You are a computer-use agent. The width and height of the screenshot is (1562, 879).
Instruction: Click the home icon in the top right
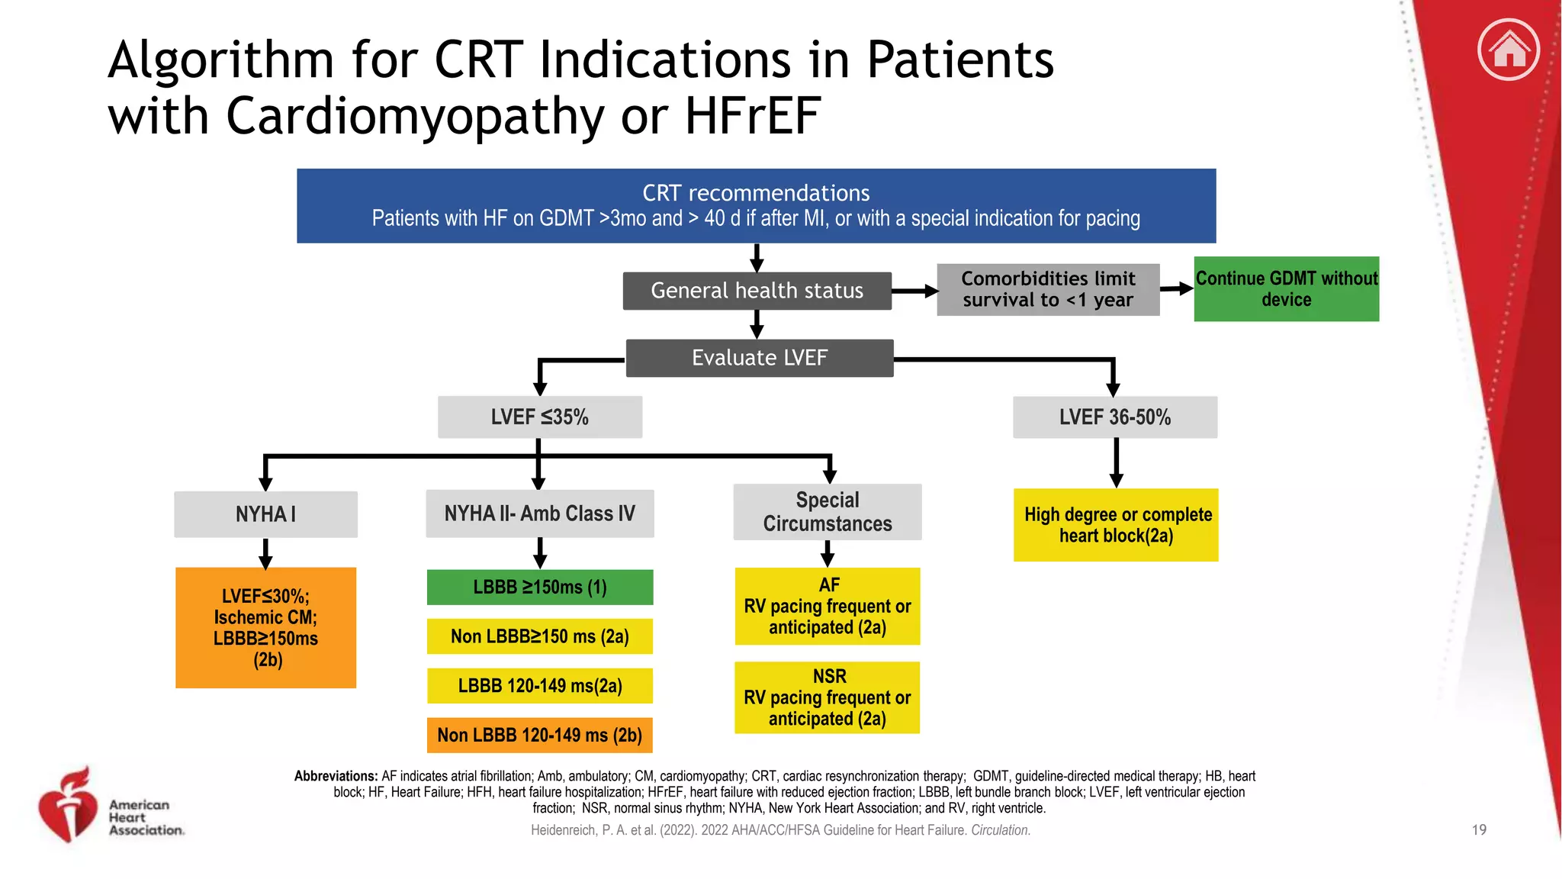pos(1509,50)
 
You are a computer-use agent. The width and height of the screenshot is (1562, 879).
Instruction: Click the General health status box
pos(757,291)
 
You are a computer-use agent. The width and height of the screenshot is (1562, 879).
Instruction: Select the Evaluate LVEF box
pos(759,358)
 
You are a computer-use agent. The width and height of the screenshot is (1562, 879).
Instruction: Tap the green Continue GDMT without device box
pos(1286,289)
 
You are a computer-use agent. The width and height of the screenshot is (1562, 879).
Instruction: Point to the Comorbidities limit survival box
pos(1048,289)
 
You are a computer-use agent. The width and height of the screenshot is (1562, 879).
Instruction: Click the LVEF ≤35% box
pos(539,417)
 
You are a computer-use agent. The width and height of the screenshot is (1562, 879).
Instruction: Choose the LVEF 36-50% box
pos(1114,417)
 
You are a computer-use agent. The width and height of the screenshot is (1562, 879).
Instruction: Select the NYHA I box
pos(265,514)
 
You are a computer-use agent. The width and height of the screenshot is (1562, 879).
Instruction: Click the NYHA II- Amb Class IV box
pos(539,514)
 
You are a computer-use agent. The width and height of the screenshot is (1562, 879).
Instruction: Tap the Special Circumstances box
pos(827,512)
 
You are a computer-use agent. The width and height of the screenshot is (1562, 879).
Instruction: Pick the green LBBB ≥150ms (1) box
pos(539,587)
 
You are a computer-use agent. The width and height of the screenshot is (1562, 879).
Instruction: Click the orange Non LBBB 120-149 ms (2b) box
pos(539,735)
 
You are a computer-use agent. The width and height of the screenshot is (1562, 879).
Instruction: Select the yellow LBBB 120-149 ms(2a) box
pos(539,685)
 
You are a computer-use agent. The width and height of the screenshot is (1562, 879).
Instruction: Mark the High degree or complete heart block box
pos(1116,525)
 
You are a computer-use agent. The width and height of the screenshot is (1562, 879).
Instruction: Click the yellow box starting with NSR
pos(827,697)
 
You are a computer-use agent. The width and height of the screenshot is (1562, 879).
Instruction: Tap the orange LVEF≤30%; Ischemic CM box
pos(265,627)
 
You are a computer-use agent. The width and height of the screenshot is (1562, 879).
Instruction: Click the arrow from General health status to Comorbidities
pos(914,291)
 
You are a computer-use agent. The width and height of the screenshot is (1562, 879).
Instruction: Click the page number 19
pos(1478,829)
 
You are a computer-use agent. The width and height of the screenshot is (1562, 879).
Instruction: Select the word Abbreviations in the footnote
pos(336,776)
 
